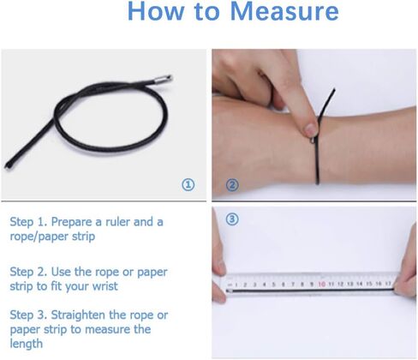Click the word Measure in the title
284,11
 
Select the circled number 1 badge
188,185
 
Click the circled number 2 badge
232,185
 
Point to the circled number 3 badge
232,219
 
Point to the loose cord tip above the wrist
333,90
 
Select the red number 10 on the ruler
321,284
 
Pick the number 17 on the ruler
388,284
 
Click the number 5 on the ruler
273,285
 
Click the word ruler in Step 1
117,222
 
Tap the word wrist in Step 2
105,286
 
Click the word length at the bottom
27,344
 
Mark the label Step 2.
28,272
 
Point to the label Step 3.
28,315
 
